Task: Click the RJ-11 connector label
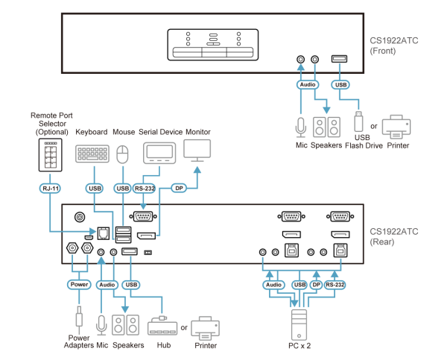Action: point(49,189)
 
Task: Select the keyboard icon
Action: point(92,154)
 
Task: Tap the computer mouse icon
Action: point(123,154)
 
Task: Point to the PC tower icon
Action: point(299,322)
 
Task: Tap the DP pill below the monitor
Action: point(178,189)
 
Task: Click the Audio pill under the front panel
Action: point(308,85)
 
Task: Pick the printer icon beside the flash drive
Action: point(396,126)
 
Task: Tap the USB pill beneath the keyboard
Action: point(94,189)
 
